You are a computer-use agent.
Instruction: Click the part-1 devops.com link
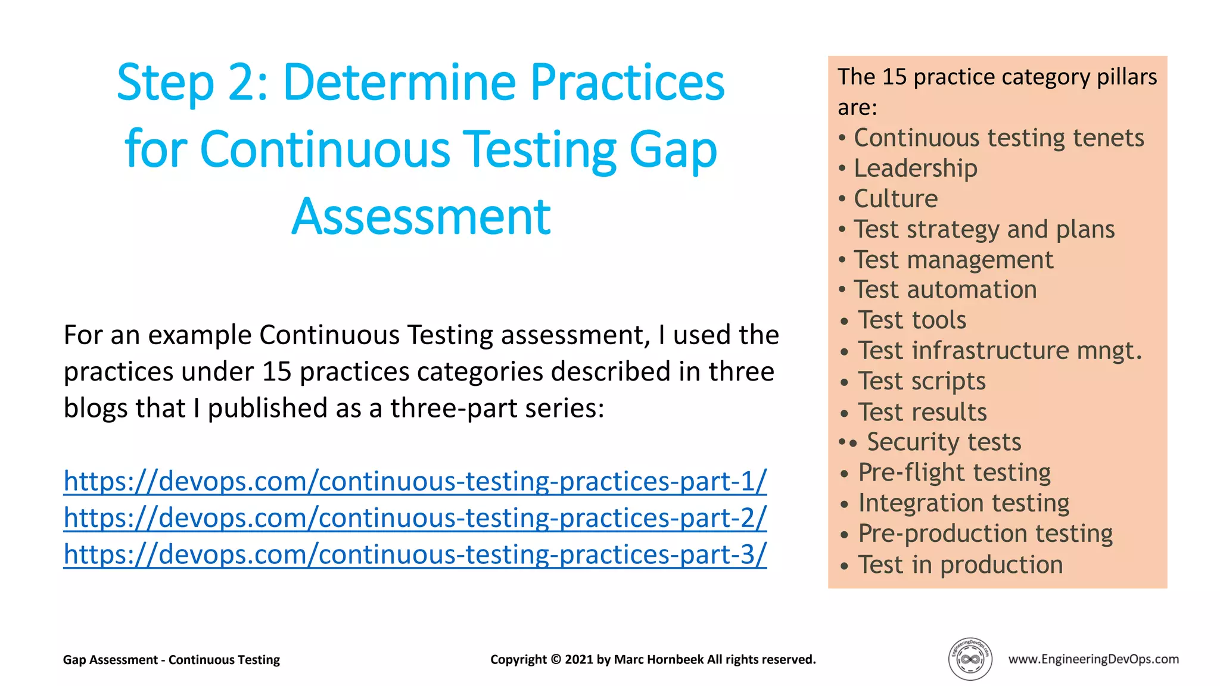(415, 481)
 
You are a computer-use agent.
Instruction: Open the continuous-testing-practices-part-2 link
(415, 518)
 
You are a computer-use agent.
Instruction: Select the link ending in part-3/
(415, 554)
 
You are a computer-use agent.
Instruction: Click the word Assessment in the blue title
(421, 217)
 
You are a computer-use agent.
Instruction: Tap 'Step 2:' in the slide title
(192, 83)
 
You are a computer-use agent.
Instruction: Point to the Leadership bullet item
(915, 169)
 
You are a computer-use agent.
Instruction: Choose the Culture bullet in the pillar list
(895, 199)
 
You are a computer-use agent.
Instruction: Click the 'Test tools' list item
(911, 320)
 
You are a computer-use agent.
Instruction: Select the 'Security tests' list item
(944, 442)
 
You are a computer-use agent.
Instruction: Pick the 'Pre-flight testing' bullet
(954, 473)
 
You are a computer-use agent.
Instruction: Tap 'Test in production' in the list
(960, 565)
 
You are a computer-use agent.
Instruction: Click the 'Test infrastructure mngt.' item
(1000, 351)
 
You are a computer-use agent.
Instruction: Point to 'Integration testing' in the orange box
(963, 503)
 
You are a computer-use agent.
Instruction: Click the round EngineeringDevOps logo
(970, 659)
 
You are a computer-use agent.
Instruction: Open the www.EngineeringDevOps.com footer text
(1093, 659)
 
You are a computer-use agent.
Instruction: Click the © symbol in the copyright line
(556, 660)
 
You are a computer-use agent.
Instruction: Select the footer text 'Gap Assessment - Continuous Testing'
(172, 660)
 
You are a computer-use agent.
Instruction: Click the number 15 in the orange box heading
(894, 77)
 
